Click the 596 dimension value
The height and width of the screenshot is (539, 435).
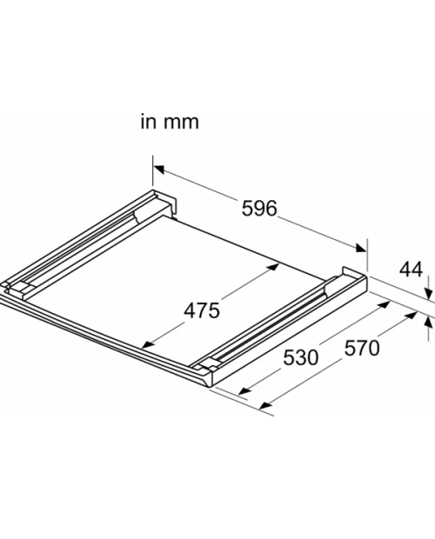259,209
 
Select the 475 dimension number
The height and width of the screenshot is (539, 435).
202,310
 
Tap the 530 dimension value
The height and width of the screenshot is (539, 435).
301,357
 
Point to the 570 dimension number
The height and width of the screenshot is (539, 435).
362,348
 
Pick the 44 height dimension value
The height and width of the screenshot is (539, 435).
411,269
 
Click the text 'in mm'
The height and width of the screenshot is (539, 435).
170,122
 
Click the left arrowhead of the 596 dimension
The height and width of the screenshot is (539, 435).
158,169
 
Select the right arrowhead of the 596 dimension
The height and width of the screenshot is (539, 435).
361,248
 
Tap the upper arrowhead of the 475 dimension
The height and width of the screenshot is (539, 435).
274,267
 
